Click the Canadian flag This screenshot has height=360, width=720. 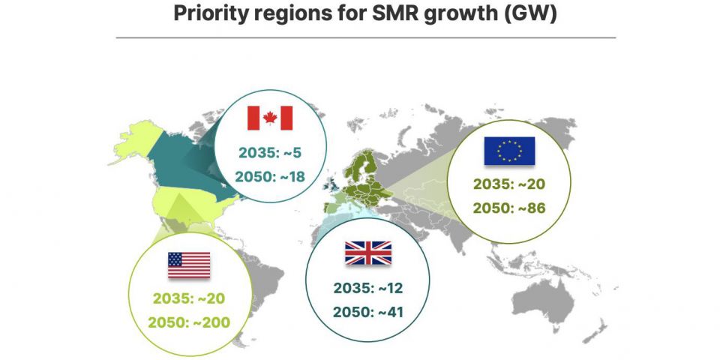(270, 118)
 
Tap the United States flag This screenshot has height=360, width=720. (189, 265)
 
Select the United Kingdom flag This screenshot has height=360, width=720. (367, 253)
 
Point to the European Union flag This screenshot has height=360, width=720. (509, 151)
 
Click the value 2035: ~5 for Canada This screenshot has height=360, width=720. (270, 152)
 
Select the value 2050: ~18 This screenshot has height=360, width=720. (270, 177)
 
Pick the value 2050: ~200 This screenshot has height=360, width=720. (189, 322)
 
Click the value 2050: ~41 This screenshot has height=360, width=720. (367, 310)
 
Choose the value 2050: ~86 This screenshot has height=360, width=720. (509, 208)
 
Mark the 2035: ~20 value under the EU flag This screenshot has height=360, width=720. (509, 183)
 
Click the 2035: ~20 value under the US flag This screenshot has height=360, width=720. (189, 298)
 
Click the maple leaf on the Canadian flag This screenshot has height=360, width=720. (270, 118)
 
